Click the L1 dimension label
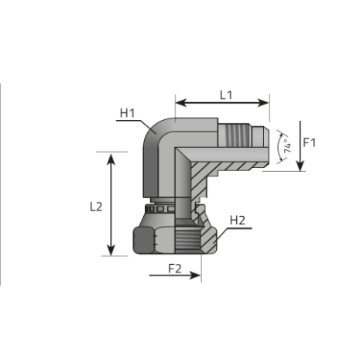(x=225, y=94)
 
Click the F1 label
(x=310, y=142)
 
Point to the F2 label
(x=176, y=269)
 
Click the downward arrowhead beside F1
(x=300, y=167)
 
